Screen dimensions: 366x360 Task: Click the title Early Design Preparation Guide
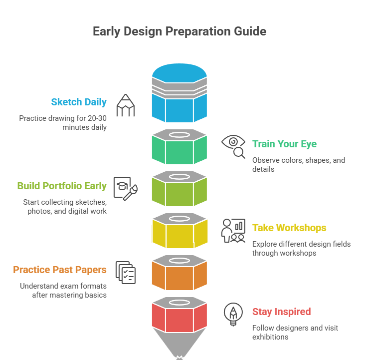(x=180, y=31)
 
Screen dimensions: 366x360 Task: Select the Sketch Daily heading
(x=79, y=102)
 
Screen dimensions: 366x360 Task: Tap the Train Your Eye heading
(x=284, y=144)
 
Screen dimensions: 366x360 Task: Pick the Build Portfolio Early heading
(x=62, y=186)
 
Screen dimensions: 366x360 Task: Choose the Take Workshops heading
(x=289, y=228)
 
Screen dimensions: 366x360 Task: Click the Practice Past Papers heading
(x=60, y=270)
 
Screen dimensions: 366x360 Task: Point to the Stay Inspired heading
(x=282, y=312)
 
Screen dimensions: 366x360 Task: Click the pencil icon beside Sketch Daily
(x=126, y=105)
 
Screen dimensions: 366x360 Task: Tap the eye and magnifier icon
(x=233, y=147)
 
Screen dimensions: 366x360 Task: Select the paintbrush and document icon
(x=126, y=189)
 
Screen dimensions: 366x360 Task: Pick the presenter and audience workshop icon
(x=233, y=231)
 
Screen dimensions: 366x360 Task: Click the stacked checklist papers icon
(x=126, y=273)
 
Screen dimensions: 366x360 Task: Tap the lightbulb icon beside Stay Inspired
(x=233, y=314)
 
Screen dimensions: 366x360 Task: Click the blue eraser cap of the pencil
(x=180, y=73)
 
